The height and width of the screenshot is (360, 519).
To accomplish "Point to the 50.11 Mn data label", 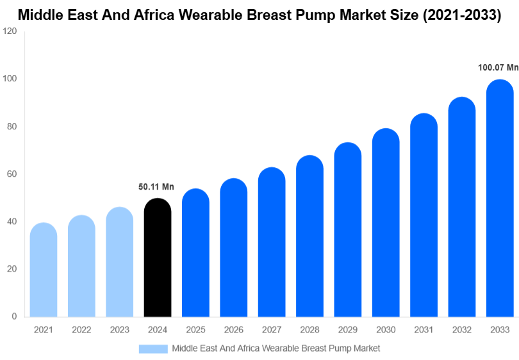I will [x=156, y=187].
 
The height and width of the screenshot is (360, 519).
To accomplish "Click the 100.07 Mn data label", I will [x=498, y=67].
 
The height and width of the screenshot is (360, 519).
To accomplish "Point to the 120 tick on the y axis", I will [x=10, y=31].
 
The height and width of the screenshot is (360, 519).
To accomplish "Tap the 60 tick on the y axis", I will [x=12, y=174].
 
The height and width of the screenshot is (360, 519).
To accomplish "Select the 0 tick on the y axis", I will [x=14, y=316].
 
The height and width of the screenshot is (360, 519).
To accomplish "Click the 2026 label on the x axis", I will [x=233, y=330].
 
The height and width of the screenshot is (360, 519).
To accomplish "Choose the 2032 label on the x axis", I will [x=461, y=330].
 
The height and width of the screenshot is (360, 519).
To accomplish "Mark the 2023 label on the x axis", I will [x=119, y=330].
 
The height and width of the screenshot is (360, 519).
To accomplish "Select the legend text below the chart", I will [x=276, y=348].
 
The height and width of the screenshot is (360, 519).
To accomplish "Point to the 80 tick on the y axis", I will [x=12, y=127].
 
